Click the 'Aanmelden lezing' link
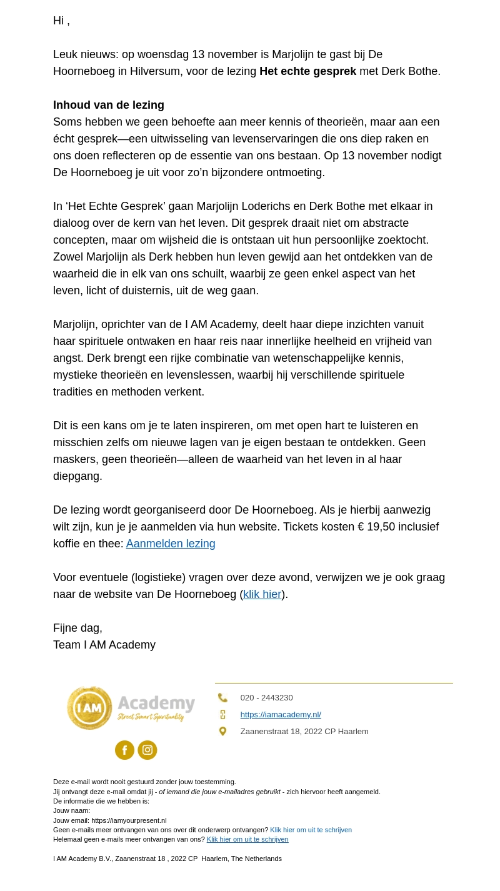[x=171, y=544]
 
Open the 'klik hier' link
[x=262, y=594]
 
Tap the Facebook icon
[x=124, y=750]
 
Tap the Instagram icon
[x=147, y=750]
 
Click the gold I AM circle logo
[x=90, y=708]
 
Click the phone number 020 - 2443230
[x=266, y=697]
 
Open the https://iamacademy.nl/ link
[x=281, y=714]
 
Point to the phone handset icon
[x=222, y=697]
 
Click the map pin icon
[x=222, y=731]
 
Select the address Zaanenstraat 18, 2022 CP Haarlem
[x=304, y=731]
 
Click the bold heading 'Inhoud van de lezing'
[x=109, y=105]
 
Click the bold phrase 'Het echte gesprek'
[x=307, y=71]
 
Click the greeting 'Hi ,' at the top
[x=61, y=21]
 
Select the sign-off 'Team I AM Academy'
[x=104, y=645]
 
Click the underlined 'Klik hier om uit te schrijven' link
[x=247, y=839]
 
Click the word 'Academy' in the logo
[x=156, y=704]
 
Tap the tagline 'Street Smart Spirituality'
[x=151, y=717]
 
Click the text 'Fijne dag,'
[x=77, y=628]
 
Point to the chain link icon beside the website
[x=222, y=714]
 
